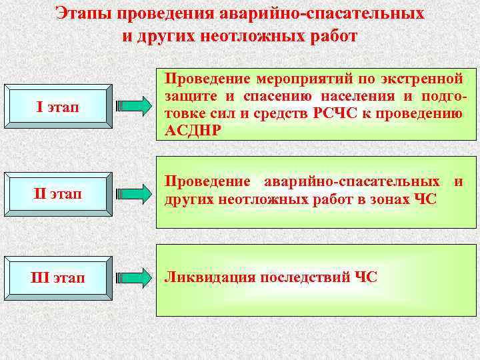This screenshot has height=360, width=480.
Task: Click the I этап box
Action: (x=56, y=106)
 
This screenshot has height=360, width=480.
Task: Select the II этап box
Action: (x=56, y=194)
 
